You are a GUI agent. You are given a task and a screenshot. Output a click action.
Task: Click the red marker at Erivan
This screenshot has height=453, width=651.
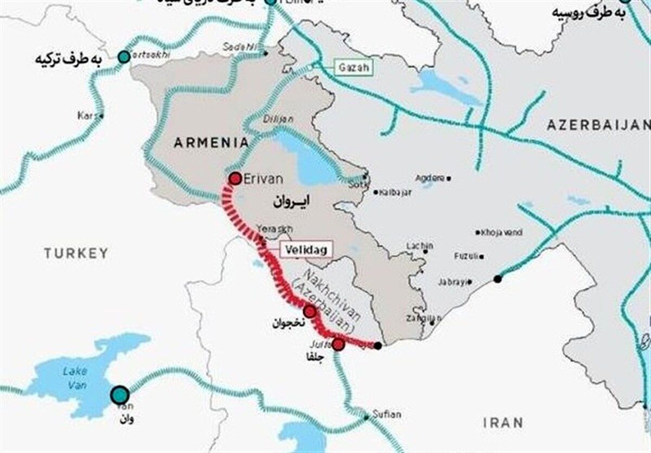(x=235, y=179)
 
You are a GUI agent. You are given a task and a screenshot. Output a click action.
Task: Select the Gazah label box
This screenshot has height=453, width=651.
(x=353, y=68)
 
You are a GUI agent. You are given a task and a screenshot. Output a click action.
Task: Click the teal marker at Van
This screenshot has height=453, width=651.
(x=120, y=394)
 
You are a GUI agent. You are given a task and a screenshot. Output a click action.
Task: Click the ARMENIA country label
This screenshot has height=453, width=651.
(x=211, y=143)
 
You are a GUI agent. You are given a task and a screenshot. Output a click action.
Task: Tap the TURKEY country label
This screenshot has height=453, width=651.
(x=76, y=253)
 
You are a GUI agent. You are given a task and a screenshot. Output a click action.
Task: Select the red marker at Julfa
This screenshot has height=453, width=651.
(x=338, y=344)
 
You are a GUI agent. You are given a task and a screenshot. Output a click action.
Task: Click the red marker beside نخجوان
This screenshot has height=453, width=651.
(x=310, y=312)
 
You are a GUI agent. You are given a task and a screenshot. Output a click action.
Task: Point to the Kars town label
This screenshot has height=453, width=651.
(x=87, y=115)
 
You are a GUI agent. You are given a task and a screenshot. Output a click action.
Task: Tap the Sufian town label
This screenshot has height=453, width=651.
(x=387, y=415)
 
